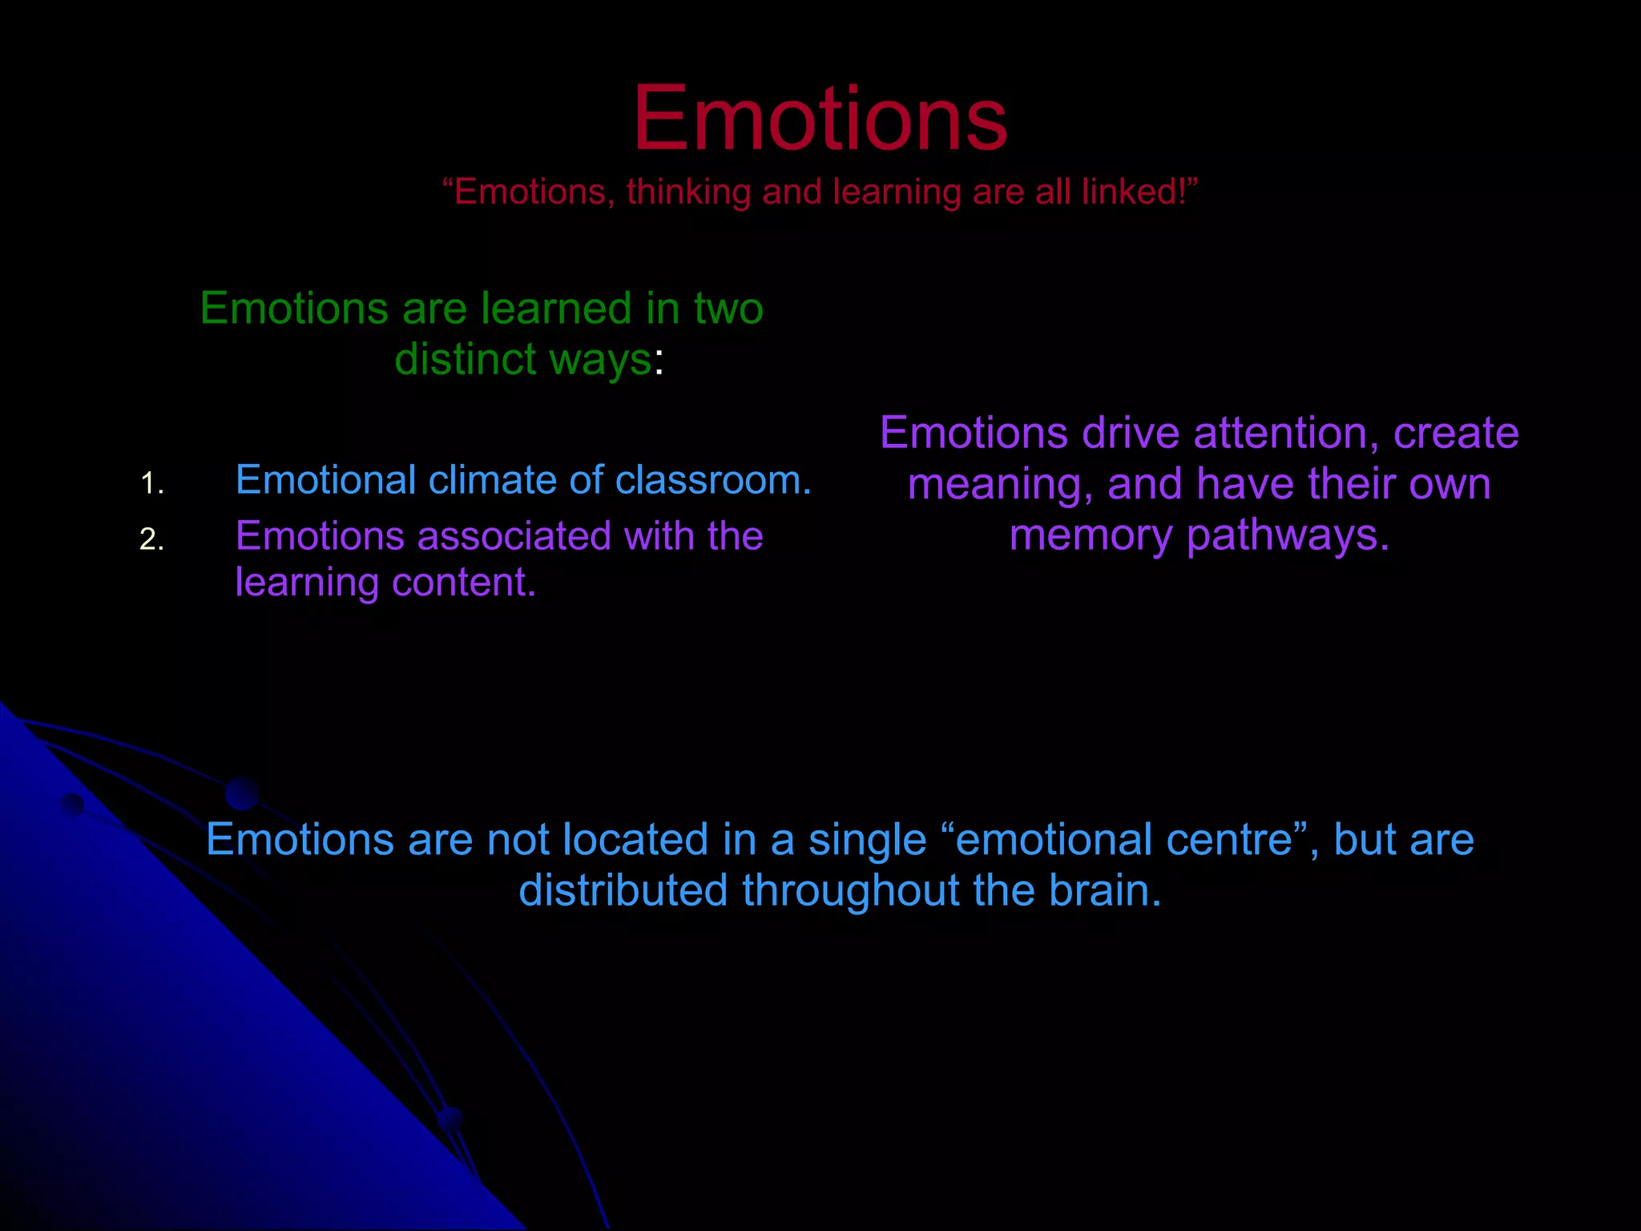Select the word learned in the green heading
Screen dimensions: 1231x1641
[x=555, y=309]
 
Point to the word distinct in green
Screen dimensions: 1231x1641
[x=465, y=359]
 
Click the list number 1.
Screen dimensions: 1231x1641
[x=151, y=484]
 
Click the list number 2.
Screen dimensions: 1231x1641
[x=151, y=540]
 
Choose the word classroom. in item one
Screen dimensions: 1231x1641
[x=713, y=481]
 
